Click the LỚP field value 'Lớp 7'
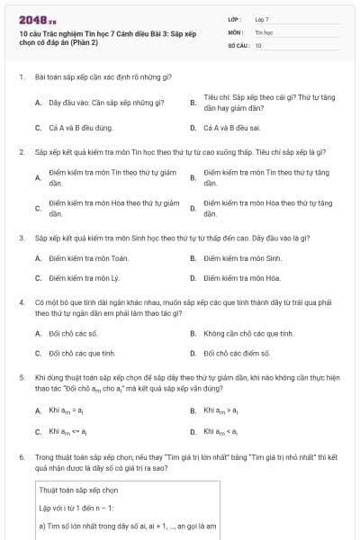click(x=262, y=19)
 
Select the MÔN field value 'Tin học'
click(x=263, y=31)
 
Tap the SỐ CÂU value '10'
click(x=258, y=44)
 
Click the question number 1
click(x=21, y=78)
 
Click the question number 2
click(x=21, y=152)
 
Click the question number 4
click(x=21, y=303)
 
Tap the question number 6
click(x=21, y=457)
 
